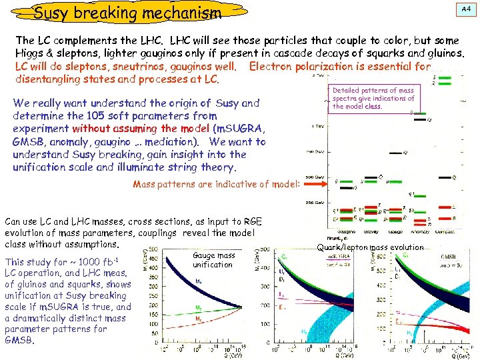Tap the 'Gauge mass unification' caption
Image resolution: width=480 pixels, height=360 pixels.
(x=213, y=260)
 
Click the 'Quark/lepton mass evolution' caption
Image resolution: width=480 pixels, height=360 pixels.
(x=370, y=248)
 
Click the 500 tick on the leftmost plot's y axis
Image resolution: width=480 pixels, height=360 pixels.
(x=153, y=250)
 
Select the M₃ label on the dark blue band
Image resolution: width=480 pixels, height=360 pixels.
(x=199, y=281)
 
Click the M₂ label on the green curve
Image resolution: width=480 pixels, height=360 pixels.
(x=199, y=307)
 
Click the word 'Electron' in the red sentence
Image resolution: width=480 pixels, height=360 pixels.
(x=271, y=66)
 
